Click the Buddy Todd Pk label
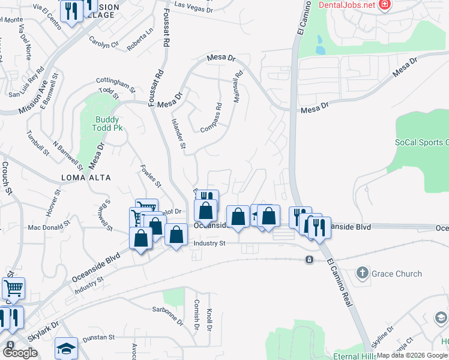[106, 124]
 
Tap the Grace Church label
[396, 274]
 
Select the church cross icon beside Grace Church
[362, 274]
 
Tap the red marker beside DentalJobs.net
[385, 5]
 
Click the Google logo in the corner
[19, 353]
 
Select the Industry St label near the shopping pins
[209, 243]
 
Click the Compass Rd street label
[211, 118]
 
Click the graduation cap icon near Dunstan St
[66, 348]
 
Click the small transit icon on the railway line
[309, 260]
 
